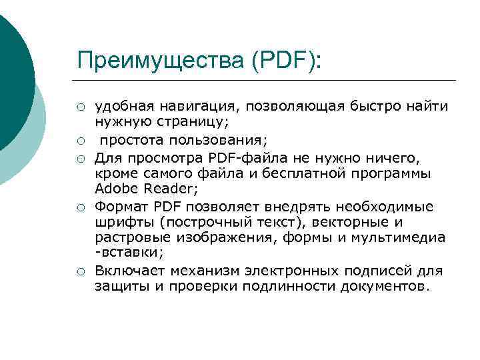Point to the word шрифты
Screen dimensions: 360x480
tap(119, 221)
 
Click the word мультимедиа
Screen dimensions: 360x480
tap(400, 237)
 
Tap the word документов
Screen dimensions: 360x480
tap(383, 287)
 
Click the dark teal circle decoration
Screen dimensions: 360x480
tap(12, 73)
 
